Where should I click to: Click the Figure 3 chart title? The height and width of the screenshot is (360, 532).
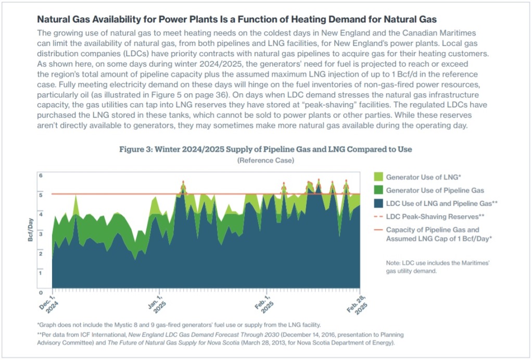click(265, 150)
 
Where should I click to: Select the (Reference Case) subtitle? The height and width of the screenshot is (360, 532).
click(265, 160)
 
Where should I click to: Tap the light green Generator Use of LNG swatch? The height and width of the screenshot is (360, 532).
click(378, 177)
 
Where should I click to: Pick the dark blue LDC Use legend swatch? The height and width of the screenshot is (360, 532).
click(378, 203)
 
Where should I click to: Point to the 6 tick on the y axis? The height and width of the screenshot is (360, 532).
click(41, 176)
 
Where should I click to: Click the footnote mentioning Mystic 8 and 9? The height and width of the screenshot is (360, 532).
click(180, 324)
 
